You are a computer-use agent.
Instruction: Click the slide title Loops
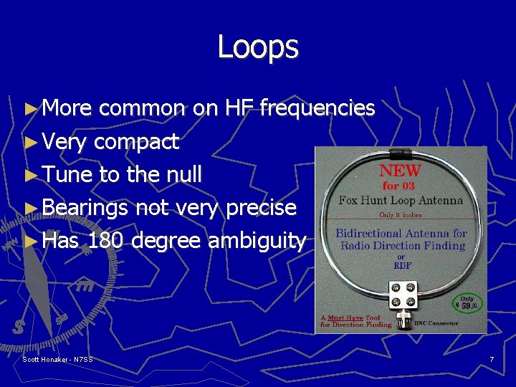[258, 47]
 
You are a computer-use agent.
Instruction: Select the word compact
[136, 142]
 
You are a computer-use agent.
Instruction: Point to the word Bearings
[85, 208]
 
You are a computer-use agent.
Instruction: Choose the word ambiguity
[257, 242]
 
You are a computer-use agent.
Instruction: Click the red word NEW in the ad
[400, 173]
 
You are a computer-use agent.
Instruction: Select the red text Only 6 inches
[400, 215]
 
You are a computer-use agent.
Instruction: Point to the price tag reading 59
[467, 305]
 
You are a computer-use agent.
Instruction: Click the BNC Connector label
[436, 324]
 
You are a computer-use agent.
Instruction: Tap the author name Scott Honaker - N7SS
[58, 359]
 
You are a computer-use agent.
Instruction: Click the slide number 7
[492, 359]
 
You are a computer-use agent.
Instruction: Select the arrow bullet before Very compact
[29, 142]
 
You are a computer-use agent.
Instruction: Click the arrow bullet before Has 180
[29, 241]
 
